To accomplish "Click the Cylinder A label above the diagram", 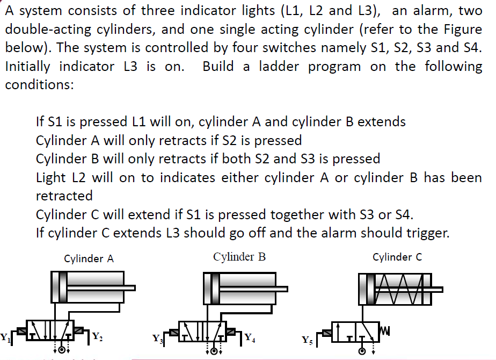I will tap(89, 258).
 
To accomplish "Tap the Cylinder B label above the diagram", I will tap(239, 257).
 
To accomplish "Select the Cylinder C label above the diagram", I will tap(397, 257).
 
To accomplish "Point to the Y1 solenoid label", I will tap(5, 338).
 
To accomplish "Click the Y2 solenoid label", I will tap(97, 337).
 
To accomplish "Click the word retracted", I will tap(64, 196).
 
